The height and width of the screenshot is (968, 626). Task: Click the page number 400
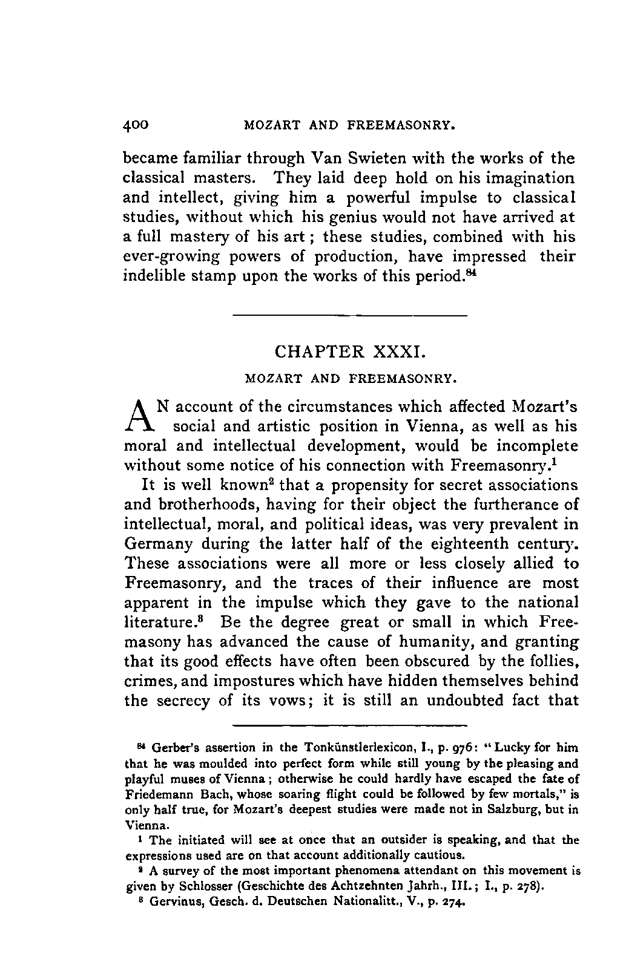click(136, 126)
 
